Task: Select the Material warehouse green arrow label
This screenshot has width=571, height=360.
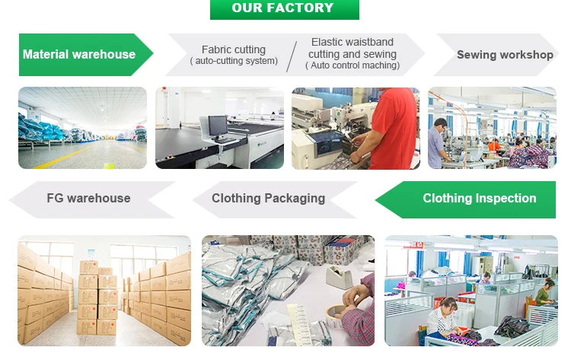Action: click(80, 55)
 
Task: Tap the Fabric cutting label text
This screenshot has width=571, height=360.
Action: click(234, 49)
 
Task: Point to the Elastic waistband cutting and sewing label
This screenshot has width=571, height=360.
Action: click(352, 49)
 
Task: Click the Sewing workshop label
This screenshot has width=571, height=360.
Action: click(505, 55)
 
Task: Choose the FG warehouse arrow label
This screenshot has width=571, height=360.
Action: click(88, 198)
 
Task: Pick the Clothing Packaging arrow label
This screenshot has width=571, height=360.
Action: click(268, 198)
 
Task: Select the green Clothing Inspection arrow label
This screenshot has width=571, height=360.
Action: click(479, 198)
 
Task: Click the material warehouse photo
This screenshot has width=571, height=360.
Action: click(82, 128)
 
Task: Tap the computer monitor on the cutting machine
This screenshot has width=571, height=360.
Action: click(216, 126)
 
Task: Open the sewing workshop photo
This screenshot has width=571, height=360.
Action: click(491, 128)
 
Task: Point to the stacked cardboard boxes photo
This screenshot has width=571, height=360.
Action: click(104, 291)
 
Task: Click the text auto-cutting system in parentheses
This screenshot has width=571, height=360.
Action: click(234, 61)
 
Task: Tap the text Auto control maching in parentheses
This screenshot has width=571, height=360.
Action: click(352, 65)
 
